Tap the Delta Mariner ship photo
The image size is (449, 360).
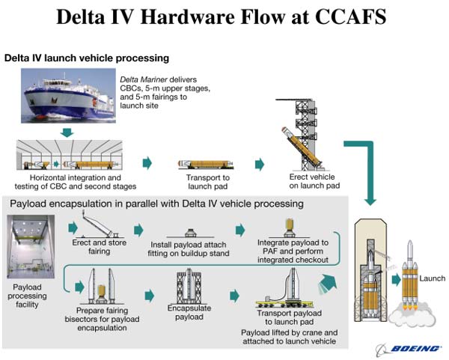pyautogui.click(x=68, y=96)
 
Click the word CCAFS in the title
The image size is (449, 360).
pyautogui.click(x=351, y=16)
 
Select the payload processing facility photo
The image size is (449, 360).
pyautogui.click(x=31, y=246)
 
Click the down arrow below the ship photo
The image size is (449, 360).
pyautogui.click(x=67, y=132)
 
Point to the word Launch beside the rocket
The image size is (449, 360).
pyautogui.click(x=432, y=278)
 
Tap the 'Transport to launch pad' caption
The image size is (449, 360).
pyautogui.click(x=207, y=182)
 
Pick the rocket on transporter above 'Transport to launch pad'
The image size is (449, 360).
pyautogui.click(x=206, y=165)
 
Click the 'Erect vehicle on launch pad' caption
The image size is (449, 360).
pyautogui.click(x=314, y=181)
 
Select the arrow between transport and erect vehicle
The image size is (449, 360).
pyautogui.click(x=260, y=164)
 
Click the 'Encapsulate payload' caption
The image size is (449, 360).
pyautogui.click(x=189, y=312)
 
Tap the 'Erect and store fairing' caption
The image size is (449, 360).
pyautogui.click(x=99, y=247)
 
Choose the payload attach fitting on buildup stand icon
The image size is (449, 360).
pyautogui.click(x=190, y=233)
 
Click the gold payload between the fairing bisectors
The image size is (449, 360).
pyautogui.click(x=102, y=291)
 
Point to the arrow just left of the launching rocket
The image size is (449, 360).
pyautogui.click(x=396, y=280)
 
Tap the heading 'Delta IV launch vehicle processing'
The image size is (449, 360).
pyautogui.click(x=87, y=58)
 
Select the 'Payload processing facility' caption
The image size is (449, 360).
pyautogui.click(x=27, y=296)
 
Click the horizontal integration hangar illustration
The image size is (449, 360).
pyautogui.click(x=70, y=155)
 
